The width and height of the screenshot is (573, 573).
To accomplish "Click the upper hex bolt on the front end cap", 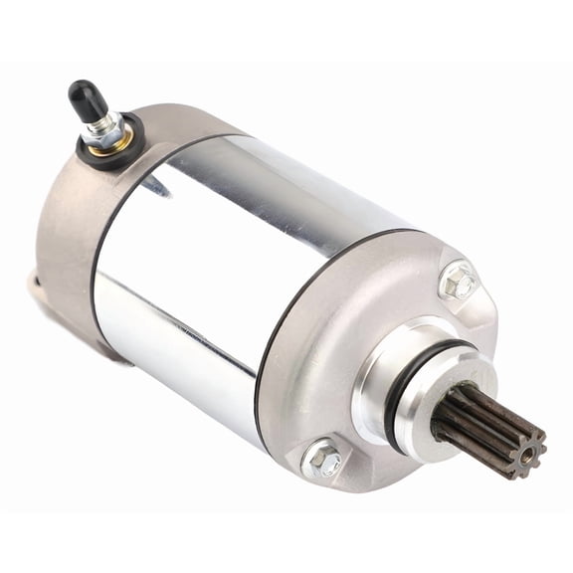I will pyautogui.click(x=458, y=282).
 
